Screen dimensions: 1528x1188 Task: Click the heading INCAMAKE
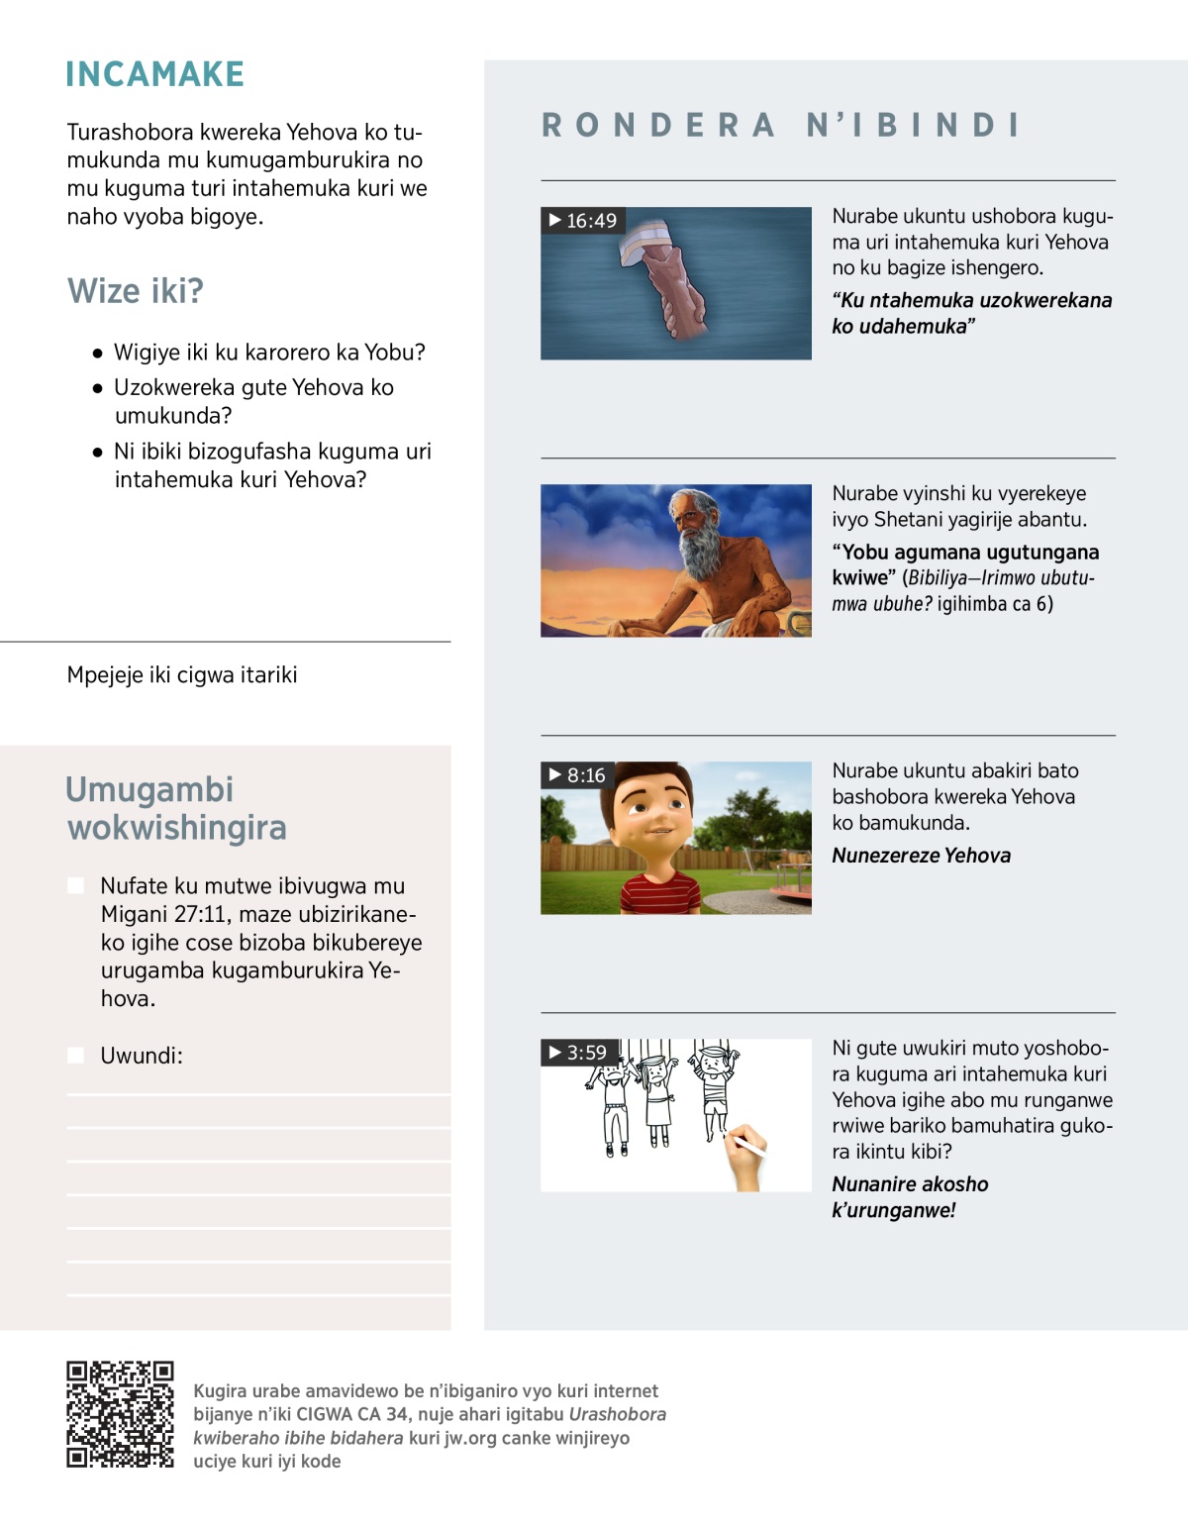[154, 74]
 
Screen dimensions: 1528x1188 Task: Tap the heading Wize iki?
[136, 291]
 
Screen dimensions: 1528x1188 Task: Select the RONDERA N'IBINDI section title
[780, 125]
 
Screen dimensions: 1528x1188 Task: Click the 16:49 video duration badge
[583, 220]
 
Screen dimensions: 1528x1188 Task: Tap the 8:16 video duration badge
[577, 774]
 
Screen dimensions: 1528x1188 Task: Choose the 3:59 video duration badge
[578, 1052]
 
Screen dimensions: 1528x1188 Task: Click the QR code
[120, 1413]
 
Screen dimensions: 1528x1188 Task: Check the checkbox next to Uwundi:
[75, 1056]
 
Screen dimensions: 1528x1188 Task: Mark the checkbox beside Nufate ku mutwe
[75, 885]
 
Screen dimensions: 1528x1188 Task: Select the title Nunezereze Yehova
[921, 856]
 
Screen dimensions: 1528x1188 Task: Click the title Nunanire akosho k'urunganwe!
[909, 1196]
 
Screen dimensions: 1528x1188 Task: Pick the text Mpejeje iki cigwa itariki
[182, 674]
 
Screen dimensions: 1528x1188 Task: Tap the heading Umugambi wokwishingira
[176, 808]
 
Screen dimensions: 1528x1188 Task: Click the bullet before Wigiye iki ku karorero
[97, 354]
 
